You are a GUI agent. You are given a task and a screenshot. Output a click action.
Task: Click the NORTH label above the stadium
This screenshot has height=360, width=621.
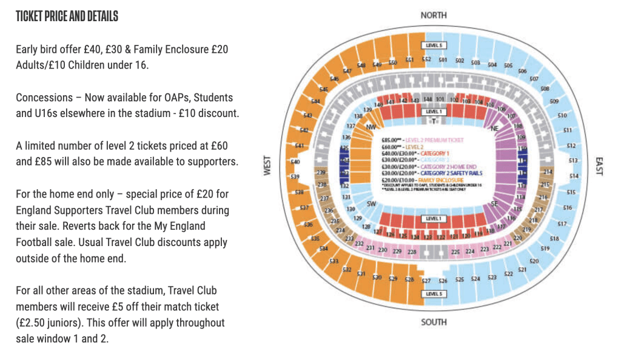[433, 15]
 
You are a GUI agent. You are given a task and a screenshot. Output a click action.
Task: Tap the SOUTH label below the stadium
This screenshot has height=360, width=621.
[433, 322]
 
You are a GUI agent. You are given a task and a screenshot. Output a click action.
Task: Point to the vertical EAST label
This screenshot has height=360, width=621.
[599, 166]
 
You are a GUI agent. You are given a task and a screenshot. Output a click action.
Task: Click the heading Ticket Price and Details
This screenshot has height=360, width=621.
[67, 16]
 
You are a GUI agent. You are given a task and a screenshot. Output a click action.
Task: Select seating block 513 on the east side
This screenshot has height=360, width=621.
[573, 161]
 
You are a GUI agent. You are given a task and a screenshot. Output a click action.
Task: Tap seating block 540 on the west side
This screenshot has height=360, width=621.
[296, 162]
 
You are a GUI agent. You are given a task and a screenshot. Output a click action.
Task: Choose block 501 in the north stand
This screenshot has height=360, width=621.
[443, 60]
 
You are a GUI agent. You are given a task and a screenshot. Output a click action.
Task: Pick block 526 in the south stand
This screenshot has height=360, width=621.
[443, 281]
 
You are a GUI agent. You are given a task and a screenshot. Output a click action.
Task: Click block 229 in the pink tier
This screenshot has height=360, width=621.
[397, 251]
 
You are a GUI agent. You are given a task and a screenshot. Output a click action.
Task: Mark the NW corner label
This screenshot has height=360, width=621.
[371, 127]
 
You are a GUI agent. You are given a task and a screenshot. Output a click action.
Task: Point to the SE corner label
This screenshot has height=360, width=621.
[494, 204]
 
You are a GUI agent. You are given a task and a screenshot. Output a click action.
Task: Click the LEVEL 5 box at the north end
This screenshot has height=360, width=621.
[434, 45]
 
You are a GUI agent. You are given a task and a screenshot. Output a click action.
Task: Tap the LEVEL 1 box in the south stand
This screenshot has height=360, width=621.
[433, 218]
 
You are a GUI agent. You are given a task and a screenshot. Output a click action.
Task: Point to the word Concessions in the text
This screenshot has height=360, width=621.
[44, 97]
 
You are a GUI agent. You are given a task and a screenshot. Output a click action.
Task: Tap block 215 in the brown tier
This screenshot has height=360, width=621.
[545, 185]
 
